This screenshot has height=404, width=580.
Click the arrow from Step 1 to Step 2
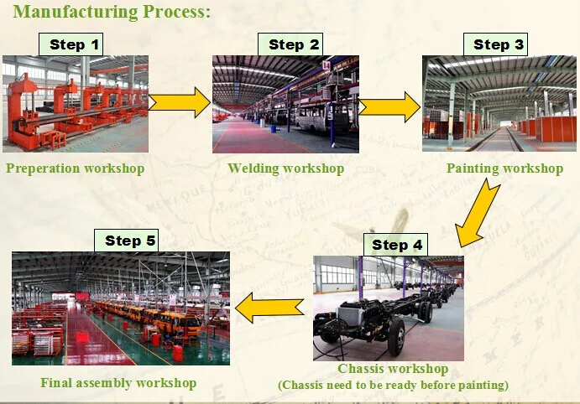coord(180,102)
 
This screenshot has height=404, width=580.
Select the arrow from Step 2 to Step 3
coord(390,106)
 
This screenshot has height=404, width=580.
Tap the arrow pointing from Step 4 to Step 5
coord(269,308)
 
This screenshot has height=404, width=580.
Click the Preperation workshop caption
coord(76,168)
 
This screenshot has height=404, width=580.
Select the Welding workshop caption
coord(286,168)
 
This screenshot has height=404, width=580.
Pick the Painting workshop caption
coord(504,168)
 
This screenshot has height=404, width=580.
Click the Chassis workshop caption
coord(393,369)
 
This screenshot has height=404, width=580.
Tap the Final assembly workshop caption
coord(118,383)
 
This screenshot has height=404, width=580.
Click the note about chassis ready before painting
coord(393,386)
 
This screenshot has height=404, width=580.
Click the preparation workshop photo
coord(76,103)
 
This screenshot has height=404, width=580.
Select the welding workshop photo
coord(285,104)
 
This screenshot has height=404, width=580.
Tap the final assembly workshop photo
coord(120,308)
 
